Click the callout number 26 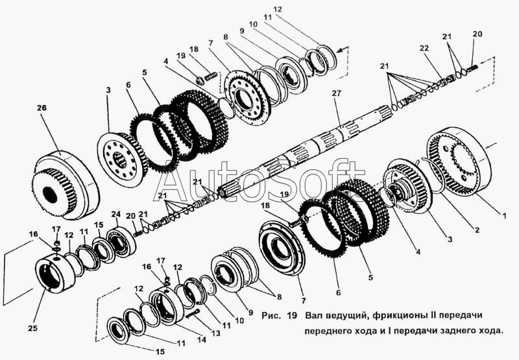click(42, 108)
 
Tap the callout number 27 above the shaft click(336, 93)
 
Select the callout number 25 click(33, 328)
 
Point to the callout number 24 click(115, 214)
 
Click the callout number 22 click(424, 48)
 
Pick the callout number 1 click(504, 216)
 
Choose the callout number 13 click(216, 333)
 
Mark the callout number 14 click(202, 340)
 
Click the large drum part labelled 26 click(66, 185)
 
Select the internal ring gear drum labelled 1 click(459, 162)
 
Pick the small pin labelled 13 click(193, 313)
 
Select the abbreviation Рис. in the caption click(271, 316)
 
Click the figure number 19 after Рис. click(292, 315)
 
